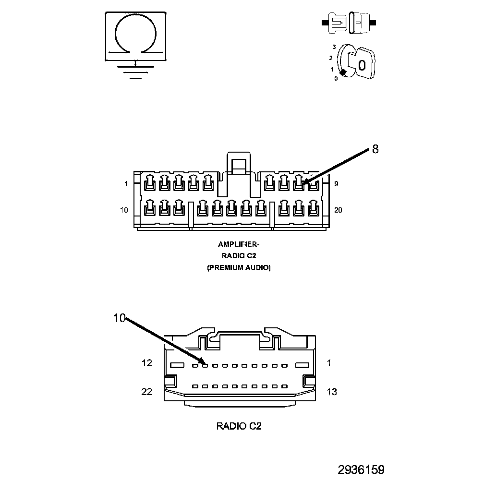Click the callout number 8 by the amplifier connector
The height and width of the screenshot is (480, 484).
375,149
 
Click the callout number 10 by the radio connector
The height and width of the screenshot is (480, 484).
119,318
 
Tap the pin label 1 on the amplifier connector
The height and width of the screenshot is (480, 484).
126,184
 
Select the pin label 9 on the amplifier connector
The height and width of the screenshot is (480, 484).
336,184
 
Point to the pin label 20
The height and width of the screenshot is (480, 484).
338,210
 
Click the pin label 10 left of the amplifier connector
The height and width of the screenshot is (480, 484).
124,210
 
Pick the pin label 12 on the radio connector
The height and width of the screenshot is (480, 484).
147,363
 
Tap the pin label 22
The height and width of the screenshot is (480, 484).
147,392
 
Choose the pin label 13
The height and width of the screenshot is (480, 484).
331,392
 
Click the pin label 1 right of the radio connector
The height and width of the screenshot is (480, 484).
329,363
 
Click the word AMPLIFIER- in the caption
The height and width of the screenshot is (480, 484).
239,244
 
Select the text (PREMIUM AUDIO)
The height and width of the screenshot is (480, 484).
239,268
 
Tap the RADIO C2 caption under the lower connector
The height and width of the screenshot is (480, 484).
239,426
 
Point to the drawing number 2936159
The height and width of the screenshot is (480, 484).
361,469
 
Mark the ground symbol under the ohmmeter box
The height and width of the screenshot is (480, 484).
135,71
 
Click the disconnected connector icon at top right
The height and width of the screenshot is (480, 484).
349,23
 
